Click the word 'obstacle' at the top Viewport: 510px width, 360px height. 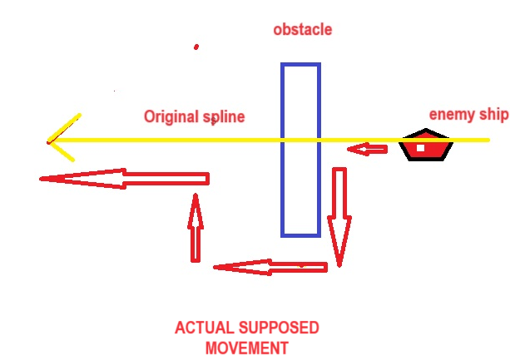click(x=302, y=30)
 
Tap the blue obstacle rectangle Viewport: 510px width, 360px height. click(x=300, y=150)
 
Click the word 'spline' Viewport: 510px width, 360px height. click(x=224, y=117)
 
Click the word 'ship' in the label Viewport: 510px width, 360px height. click(x=496, y=115)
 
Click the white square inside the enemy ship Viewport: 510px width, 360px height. click(x=421, y=148)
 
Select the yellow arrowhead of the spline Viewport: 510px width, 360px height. click(x=63, y=136)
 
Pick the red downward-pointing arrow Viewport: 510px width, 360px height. click(x=338, y=216)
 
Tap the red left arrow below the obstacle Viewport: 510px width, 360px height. click(x=270, y=267)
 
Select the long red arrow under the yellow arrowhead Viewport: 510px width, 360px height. click(x=124, y=179)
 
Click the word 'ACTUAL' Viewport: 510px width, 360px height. click(x=202, y=328)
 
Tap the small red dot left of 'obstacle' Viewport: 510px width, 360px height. click(x=196, y=47)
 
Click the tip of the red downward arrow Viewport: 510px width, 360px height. click(x=339, y=266)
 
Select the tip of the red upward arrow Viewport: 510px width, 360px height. click(x=196, y=196)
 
